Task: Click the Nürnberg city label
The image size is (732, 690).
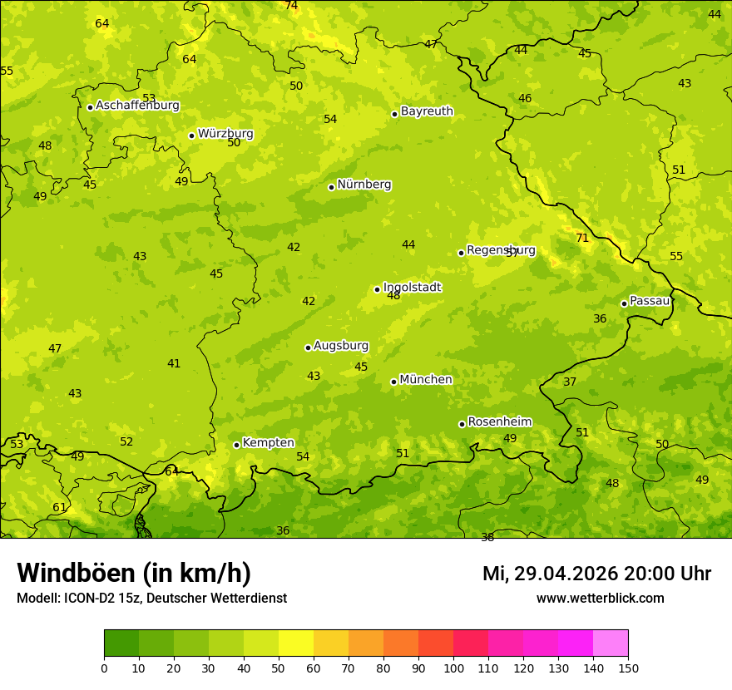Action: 364,185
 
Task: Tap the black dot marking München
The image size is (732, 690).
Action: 393,382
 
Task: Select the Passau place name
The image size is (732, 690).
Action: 650,301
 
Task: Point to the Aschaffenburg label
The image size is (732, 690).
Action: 137,106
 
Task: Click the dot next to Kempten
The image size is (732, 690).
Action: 236,445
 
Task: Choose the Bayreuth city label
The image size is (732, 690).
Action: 427,111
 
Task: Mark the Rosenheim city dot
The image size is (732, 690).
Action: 462,424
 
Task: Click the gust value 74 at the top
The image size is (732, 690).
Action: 291,5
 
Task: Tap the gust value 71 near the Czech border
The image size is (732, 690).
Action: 582,238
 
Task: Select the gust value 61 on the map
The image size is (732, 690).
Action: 59,507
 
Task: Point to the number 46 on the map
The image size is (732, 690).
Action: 525,98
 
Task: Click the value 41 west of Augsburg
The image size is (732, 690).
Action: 174,363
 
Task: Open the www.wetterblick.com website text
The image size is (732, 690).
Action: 600,598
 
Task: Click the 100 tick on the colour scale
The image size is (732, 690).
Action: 453,667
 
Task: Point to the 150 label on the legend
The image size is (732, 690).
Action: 628,667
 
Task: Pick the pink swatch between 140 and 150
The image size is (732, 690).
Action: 611,643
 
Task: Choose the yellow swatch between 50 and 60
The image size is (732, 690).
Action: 296,643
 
